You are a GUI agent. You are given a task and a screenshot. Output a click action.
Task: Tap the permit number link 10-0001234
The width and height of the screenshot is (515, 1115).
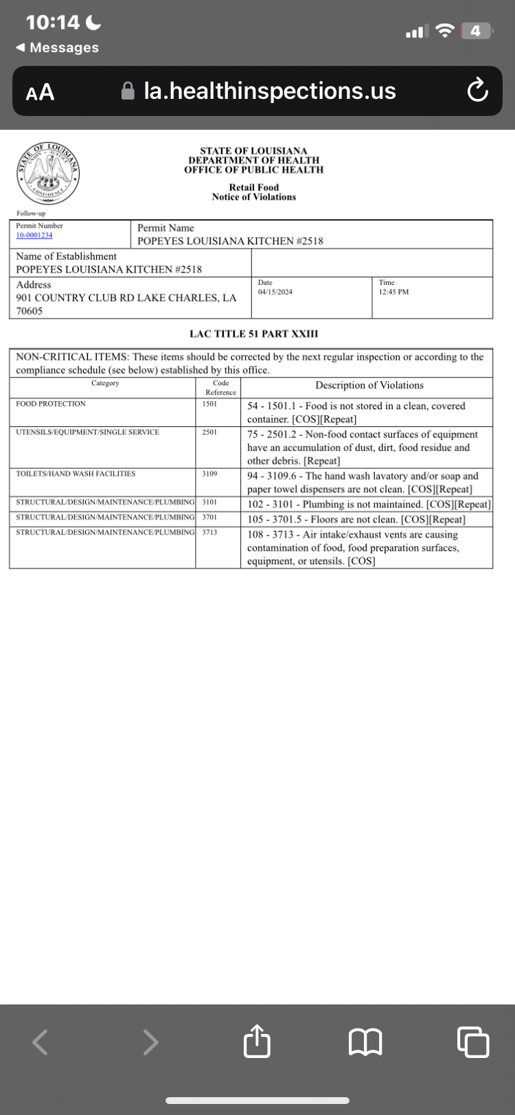[x=34, y=235]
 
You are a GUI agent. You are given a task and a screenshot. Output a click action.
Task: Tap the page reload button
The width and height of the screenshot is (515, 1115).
[x=477, y=91]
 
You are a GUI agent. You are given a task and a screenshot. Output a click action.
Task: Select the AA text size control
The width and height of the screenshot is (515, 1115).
[x=41, y=92]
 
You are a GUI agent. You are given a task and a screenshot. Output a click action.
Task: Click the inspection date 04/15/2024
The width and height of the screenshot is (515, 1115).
[x=275, y=292]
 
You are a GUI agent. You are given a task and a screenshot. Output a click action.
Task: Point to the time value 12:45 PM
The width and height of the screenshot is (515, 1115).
[x=393, y=292]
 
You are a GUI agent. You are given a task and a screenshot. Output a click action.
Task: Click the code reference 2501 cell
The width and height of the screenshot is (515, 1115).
[x=210, y=433]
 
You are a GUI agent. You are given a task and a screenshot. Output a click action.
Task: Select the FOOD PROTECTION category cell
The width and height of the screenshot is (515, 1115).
[x=51, y=404]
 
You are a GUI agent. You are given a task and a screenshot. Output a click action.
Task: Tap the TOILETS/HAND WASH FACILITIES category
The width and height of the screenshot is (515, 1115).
[x=76, y=474]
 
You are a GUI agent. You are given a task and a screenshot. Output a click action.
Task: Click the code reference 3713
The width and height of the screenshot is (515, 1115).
[x=210, y=532]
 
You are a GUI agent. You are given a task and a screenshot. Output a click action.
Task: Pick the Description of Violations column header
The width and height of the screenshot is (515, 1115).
[x=369, y=385]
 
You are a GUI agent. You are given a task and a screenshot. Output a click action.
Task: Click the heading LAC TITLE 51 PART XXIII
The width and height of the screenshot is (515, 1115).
[x=254, y=334]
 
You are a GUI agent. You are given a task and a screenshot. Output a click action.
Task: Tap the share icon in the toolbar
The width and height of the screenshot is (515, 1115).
[x=257, y=1042]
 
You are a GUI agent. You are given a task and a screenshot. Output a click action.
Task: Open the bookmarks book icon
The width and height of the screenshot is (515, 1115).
[x=365, y=1043]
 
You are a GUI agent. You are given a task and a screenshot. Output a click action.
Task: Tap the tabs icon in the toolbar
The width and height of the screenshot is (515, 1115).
[x=473, y=1042]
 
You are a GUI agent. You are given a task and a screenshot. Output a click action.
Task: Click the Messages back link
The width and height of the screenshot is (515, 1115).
[x=58, y=47]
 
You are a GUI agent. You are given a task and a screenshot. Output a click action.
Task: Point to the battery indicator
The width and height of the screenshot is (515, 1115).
[x=477, y=31]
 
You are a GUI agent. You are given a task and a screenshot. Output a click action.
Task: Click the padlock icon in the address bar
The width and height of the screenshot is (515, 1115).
[x=128, y=91]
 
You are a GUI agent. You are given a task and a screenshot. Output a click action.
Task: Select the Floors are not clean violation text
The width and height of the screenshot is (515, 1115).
[x=356, y=519]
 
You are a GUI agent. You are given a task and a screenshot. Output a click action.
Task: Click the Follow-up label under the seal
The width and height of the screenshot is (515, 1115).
[x=31, y=214]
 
